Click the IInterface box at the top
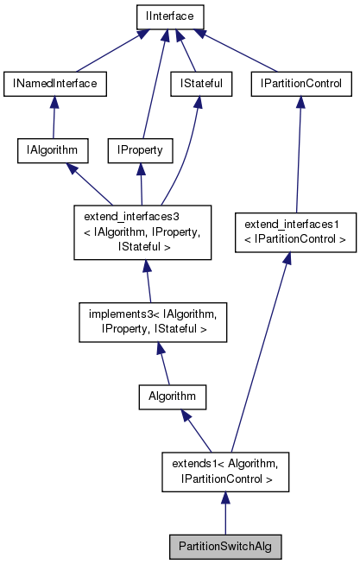coord(168,16)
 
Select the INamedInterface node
coord(54,84)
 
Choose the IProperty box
coord(140,150)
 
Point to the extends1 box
coord(224,471)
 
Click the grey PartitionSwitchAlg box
coord(225,546)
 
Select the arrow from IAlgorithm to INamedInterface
coord(54,117)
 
